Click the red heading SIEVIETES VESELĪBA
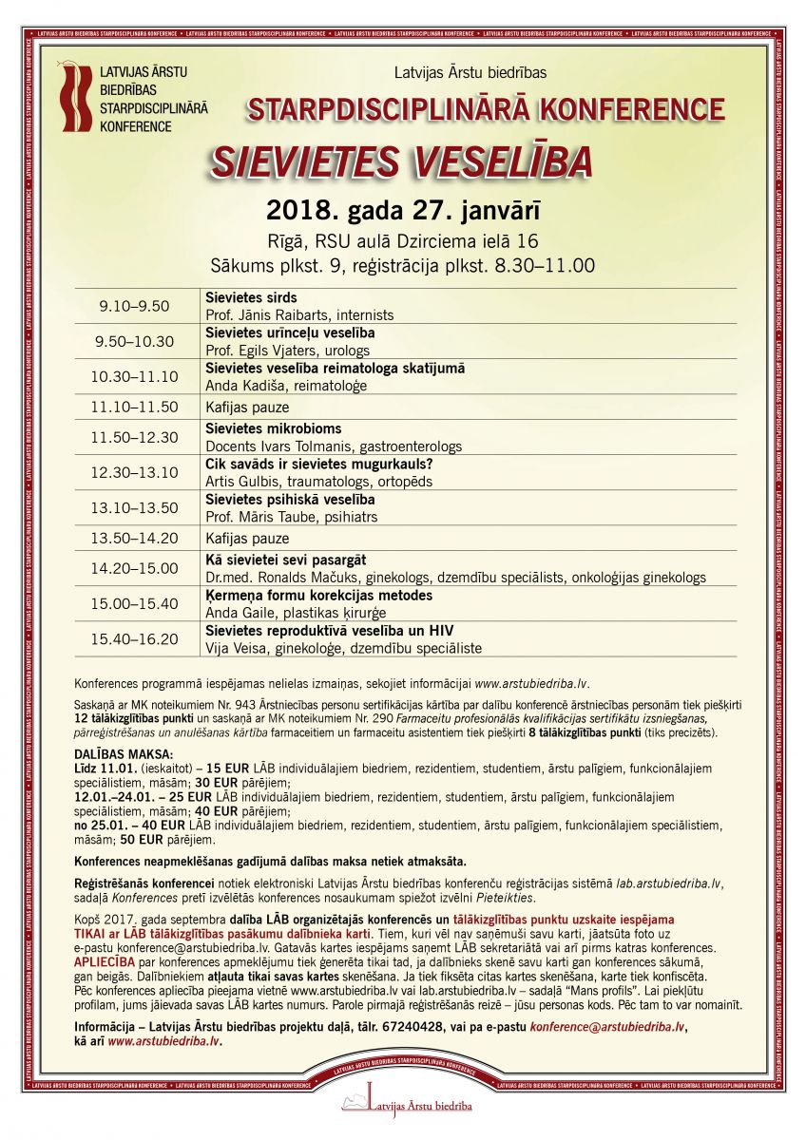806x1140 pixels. coord(401,161)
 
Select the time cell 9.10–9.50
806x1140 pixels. coord(134,306)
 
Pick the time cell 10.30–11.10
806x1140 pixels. coord(134,376)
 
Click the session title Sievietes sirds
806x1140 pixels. coord(251,297)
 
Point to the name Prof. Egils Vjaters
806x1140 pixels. coord(260,351)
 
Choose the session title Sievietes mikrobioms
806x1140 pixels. coord(273,428)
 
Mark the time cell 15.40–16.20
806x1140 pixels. coord(134,639)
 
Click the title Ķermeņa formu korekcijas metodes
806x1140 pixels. coord(318,595)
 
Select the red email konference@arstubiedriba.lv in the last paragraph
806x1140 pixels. coord(606,1027)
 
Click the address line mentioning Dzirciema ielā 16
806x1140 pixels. coord(403,239)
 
